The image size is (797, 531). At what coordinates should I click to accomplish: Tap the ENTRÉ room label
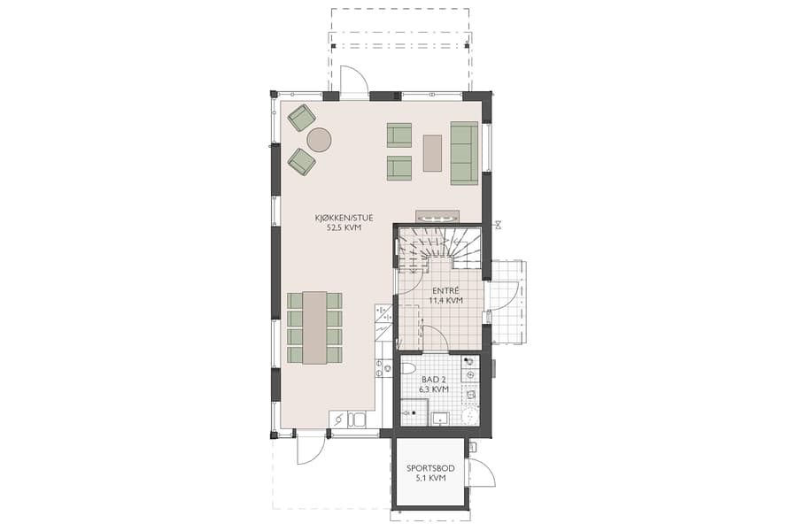point(445,289)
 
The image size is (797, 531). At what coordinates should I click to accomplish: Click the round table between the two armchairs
point(319,140)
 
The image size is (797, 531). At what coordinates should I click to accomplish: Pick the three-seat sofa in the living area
point(464,152)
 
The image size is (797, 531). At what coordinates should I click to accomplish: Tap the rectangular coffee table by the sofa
point(433,151)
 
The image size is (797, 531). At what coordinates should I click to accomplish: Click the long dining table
point(314,327)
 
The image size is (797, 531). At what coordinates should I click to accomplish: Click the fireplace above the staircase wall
point(437,217)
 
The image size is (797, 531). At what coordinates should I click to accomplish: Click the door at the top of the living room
point(353,82)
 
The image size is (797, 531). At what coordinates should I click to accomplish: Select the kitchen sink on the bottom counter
point(357,419)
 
